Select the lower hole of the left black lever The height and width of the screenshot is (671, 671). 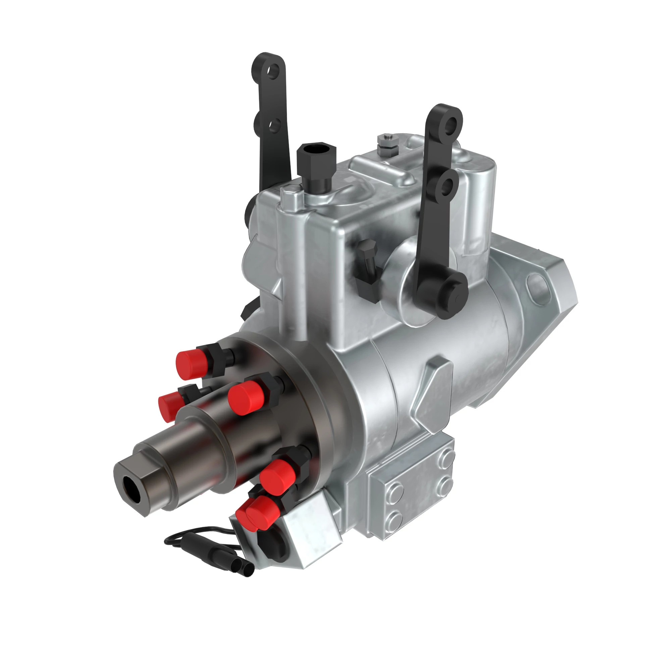tap(274, 125)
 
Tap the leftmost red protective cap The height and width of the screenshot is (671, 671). tap(170, 406)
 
